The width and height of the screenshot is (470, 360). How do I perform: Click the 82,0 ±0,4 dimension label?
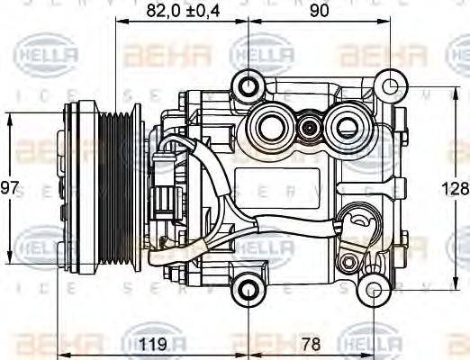pos(184,12)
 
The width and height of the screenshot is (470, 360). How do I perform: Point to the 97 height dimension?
pos(10,189)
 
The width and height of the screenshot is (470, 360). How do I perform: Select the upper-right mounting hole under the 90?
pos(390,87)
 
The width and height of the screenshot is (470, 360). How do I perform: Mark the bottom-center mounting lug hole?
pos(247,290)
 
